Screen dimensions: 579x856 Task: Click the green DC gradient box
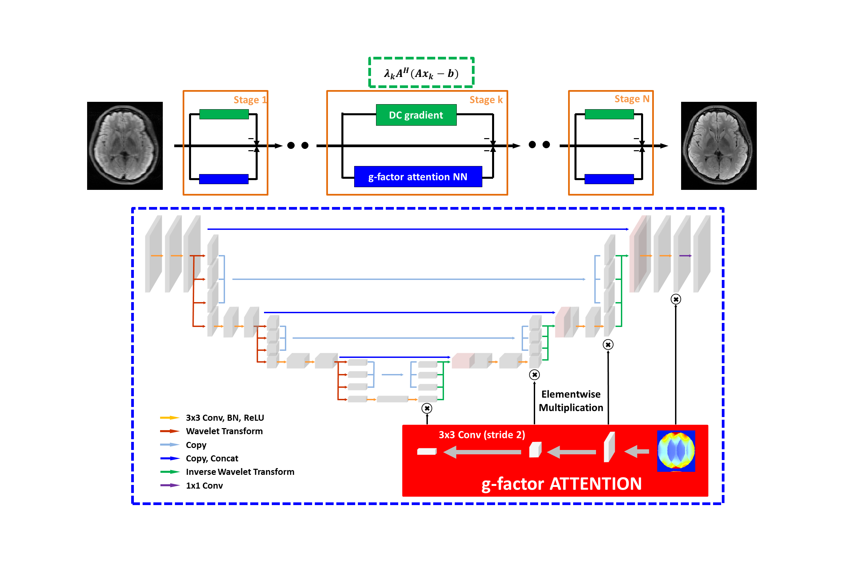416,115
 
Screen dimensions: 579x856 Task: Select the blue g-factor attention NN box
418,177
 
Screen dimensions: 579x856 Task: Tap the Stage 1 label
250,100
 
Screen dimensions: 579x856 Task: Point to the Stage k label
485,100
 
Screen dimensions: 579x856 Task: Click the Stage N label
631,99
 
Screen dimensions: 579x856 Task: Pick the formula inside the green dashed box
421,73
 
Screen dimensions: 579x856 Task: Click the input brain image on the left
125,146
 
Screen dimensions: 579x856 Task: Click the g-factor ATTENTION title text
561,484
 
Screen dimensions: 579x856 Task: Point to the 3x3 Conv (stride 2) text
481,435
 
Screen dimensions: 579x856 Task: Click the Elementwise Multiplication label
570,401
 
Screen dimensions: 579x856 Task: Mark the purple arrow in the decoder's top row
685,256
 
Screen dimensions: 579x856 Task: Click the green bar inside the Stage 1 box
224,114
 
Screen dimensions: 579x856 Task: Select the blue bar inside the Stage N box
609,179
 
